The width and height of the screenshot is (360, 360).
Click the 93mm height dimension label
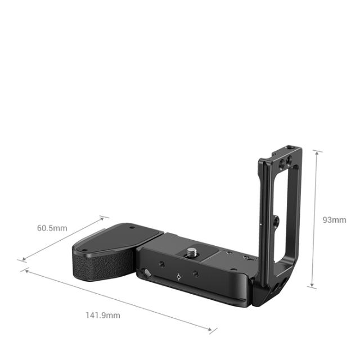(x=334, y=219)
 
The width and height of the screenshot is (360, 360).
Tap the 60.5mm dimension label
(x=52, y=228)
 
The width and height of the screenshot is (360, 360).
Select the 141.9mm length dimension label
(x=102, y=315)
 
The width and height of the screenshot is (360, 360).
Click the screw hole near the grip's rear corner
(x=132, y=228)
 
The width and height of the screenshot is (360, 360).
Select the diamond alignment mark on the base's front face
(x=178, y=277)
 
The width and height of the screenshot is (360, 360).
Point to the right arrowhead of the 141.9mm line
(x=213, y=330)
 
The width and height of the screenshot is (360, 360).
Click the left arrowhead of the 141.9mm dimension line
(x=24, y=269)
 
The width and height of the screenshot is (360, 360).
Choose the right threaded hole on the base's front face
(x=195, y=273)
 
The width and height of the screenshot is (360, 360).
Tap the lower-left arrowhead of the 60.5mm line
(x=21, y=260)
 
